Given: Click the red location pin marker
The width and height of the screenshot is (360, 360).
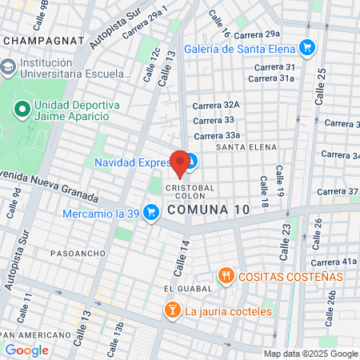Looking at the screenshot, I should [181, 162].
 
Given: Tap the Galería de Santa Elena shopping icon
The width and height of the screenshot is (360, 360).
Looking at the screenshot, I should [304, 48].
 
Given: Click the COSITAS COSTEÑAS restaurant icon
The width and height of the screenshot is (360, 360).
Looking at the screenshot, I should [227, 276].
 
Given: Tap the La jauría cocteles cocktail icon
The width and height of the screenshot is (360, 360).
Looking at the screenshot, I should [171, 310].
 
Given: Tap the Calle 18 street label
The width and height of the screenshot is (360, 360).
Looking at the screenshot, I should [262, 189].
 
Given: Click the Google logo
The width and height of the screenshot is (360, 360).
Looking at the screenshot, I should [26, 350].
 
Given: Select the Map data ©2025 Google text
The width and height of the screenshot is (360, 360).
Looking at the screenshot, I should [311, 354].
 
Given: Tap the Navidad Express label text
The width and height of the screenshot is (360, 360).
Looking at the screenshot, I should [129, 162].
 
